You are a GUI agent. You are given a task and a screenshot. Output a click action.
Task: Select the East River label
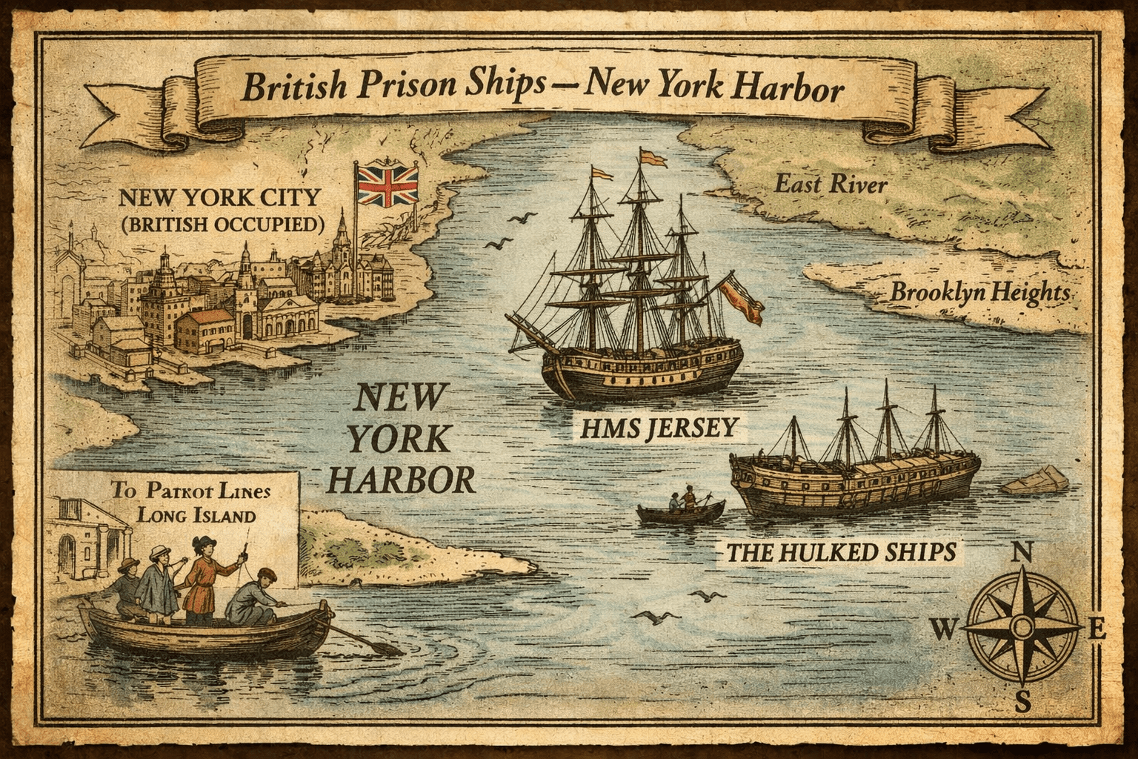830,183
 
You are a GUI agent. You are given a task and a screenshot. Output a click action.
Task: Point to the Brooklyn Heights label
979,292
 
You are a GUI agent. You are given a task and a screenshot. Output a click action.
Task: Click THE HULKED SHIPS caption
840,552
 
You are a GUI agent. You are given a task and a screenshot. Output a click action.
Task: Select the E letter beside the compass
1098,630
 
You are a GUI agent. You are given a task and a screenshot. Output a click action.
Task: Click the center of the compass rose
1022,629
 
